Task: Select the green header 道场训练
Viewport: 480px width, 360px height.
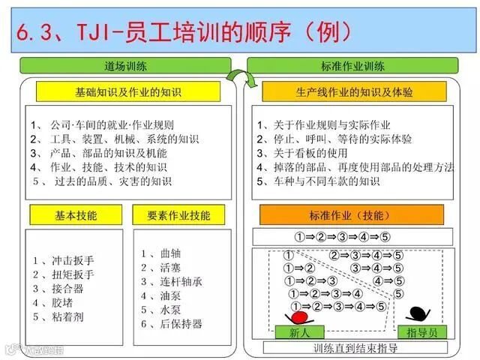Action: point(126,66)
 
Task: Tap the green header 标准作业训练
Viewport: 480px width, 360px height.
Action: point(353,66)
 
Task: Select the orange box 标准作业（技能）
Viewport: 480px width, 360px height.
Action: point(352,215)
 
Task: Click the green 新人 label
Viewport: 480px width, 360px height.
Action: point(295,331)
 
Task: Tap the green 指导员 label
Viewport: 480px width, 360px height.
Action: point(422,331)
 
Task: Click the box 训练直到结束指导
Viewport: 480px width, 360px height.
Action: point(355,348)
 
